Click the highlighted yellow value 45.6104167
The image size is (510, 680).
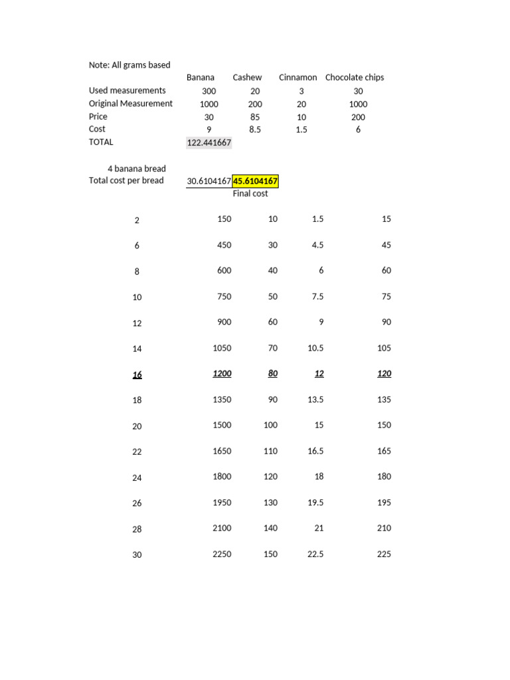255,181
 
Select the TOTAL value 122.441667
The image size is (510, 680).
209,142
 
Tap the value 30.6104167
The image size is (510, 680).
209,181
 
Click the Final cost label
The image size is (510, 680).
250,194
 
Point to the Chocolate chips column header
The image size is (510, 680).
355,78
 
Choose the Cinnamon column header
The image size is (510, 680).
297,78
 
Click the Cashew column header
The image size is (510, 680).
247,78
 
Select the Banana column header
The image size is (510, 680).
201,78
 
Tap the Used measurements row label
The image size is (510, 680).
127,90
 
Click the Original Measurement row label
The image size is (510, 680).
131,104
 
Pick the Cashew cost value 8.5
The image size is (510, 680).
255,129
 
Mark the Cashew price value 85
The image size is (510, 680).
255,117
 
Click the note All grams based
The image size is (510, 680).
129,65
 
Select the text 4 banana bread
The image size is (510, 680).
137,169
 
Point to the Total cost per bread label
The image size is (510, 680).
126,181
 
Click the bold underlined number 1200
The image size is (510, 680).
222,374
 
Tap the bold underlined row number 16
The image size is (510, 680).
137,375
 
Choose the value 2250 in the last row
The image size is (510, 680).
222,554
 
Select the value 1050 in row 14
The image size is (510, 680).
222,348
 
